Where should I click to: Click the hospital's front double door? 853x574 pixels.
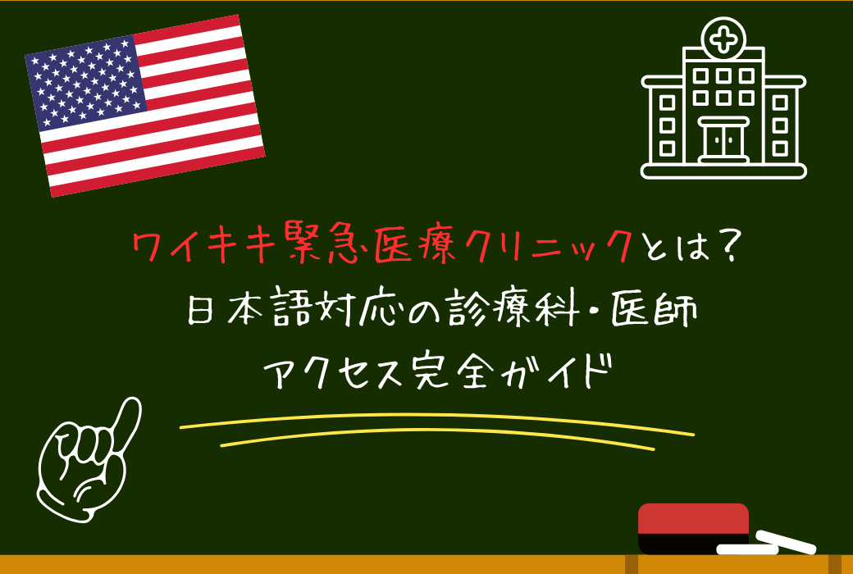[723, 141]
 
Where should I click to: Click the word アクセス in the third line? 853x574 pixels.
[324, 379]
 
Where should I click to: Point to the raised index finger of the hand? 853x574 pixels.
[126, 418]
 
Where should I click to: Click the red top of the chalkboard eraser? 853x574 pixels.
[693, 518]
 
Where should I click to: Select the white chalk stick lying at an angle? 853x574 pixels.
[786, 541]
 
